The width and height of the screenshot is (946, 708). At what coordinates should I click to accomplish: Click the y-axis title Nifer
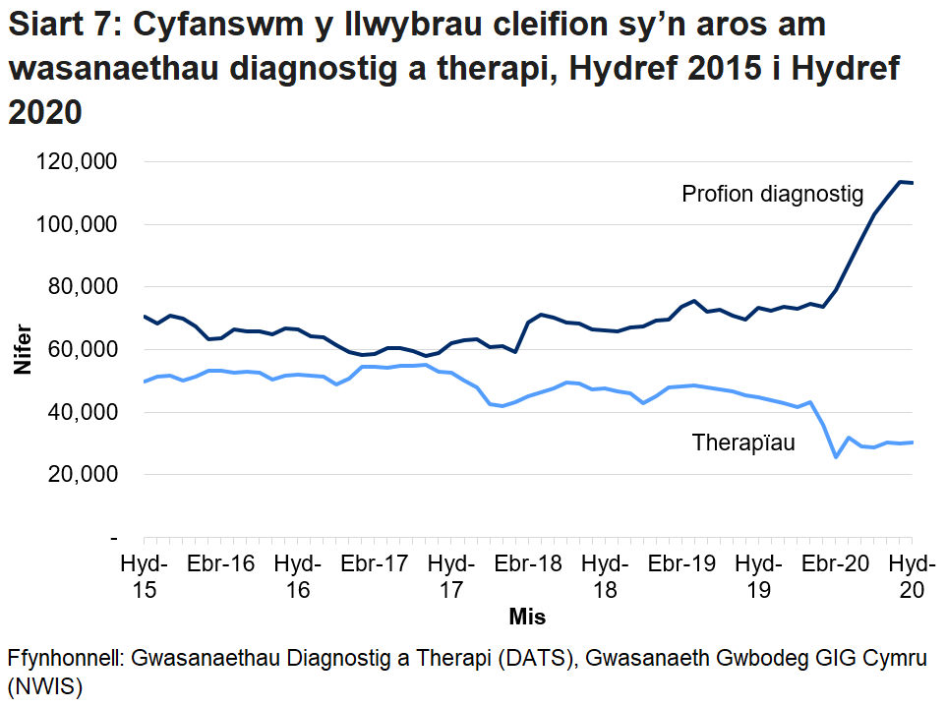[x=22, y=349]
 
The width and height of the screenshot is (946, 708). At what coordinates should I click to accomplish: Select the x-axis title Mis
[x=527, y=618]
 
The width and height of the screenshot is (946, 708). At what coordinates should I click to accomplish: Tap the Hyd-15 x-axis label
[x=144, y=577]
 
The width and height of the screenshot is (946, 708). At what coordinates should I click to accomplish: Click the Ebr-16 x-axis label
[x=220, y=565]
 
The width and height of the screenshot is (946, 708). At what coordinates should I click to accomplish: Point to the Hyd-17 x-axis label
[x=451, y=577]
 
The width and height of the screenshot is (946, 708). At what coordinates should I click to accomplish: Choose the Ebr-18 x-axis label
[x=528, y=565]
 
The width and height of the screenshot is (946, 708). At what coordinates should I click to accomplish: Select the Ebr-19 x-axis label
[x=682, y=565]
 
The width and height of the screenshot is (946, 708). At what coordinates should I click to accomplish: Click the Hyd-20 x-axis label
[x=913, y=577]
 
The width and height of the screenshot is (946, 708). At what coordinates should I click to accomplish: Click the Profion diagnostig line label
[x=772, y=194]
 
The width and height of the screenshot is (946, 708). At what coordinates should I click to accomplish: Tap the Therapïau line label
[x=743, y=443]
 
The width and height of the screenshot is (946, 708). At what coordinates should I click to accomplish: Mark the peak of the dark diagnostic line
[x=899, y=182]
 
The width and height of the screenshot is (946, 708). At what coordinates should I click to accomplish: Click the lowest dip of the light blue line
[x=836, y=457]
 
